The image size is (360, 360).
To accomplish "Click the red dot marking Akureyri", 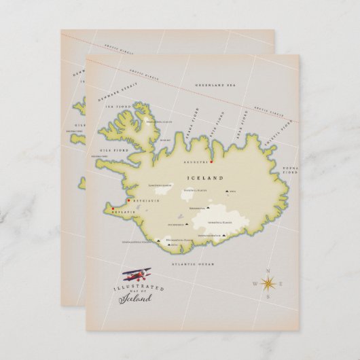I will coord(212,162).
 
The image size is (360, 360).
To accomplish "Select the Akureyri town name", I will coord(197,163).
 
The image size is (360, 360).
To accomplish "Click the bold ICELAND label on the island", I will coord(204,178).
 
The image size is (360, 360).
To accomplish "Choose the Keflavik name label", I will coord(125,213).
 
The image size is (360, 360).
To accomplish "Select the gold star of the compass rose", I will coord(268,285).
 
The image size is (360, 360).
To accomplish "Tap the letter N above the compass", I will coord(268,270).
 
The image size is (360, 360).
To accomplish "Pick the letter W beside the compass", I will coord(254,285).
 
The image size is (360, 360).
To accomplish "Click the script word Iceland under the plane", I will coord(139,298).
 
